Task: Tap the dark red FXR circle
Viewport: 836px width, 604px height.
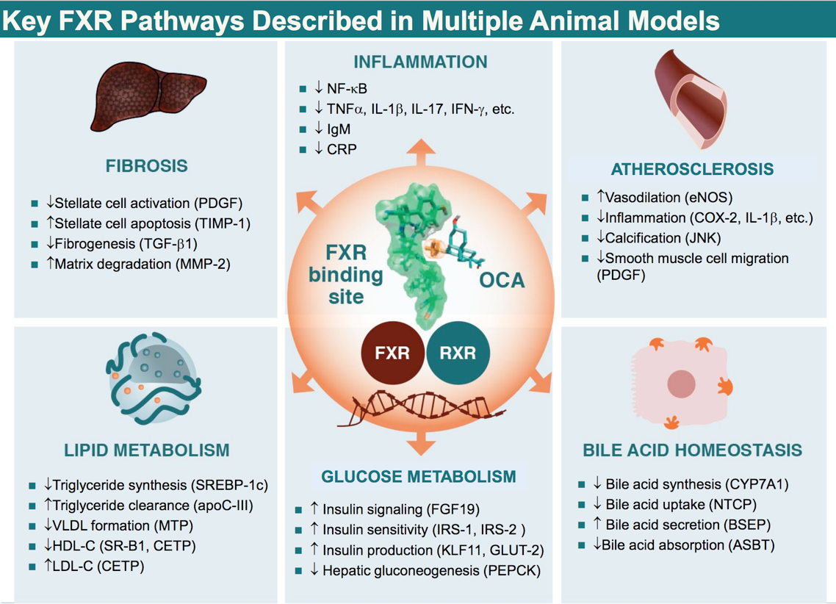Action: click(392, 352)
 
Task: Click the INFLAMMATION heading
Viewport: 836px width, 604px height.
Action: click(419, 61)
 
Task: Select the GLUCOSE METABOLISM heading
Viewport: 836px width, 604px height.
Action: click(419, 476)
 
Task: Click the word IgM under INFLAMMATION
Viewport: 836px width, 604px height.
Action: click(339, 129)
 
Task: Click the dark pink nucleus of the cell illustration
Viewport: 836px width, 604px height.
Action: click(682, 384)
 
